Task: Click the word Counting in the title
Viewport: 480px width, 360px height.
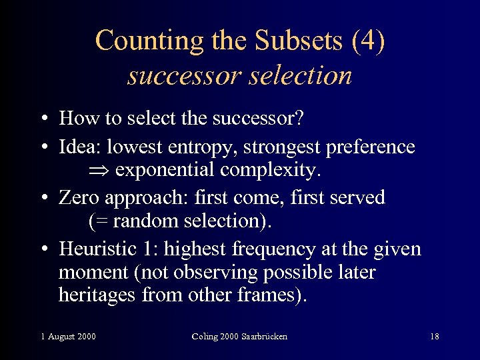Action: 137,41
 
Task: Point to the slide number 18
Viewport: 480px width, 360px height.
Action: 435,337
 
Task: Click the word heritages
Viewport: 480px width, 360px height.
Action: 97,294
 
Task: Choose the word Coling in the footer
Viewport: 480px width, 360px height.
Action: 207,337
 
